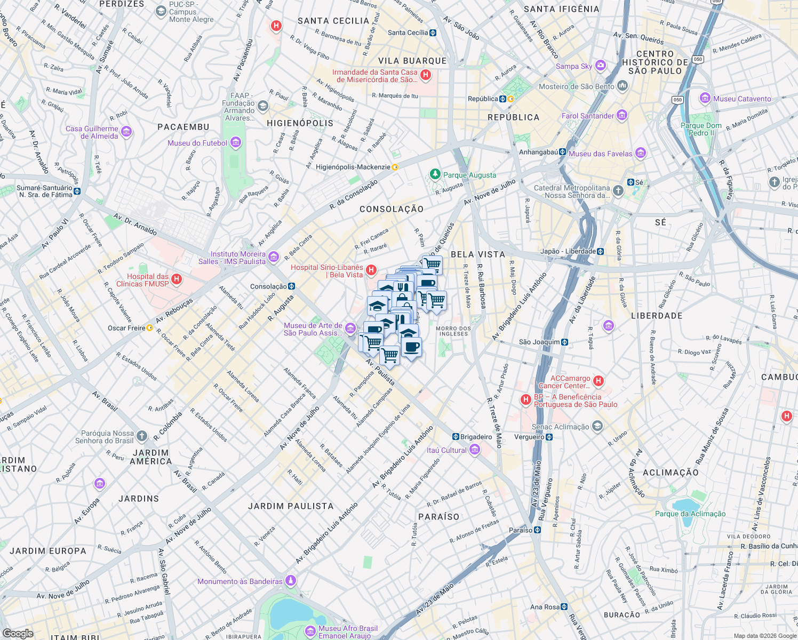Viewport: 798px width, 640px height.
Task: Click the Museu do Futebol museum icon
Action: pos(236,143)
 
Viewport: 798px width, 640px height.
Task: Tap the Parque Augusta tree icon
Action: pos(435,175)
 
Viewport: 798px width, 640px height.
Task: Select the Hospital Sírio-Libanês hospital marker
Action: pos(371,270)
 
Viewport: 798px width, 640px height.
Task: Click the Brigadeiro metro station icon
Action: pos(456,437)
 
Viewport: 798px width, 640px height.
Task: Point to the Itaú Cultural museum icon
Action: pos(474,450)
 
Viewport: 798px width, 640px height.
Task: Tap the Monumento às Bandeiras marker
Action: pos(291,581)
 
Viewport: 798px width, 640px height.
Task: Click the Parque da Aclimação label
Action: pos(690,514)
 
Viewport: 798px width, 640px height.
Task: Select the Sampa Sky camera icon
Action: pos(601,66)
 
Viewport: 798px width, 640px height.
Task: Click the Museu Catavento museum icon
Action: pos(705,99)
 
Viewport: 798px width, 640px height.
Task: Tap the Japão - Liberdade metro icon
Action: pos(601,251)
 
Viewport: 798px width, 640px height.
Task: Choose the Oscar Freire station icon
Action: pos(150,328)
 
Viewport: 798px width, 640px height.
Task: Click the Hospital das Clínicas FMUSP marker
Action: pos(177,279)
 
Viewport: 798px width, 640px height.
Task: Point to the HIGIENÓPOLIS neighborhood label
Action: pos(300,123)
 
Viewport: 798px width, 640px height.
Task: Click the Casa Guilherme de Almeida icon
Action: pos(126,132)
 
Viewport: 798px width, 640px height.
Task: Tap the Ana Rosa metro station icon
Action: pos(564,607)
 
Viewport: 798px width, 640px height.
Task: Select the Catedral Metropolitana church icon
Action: pos(618,191)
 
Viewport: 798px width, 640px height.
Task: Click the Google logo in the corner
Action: pos(18,633)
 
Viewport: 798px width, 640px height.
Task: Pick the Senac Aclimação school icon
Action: pos(597,426)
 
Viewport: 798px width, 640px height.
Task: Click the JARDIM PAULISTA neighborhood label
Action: pos(291,506)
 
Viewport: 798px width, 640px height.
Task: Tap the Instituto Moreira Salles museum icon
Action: pos(274,258)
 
